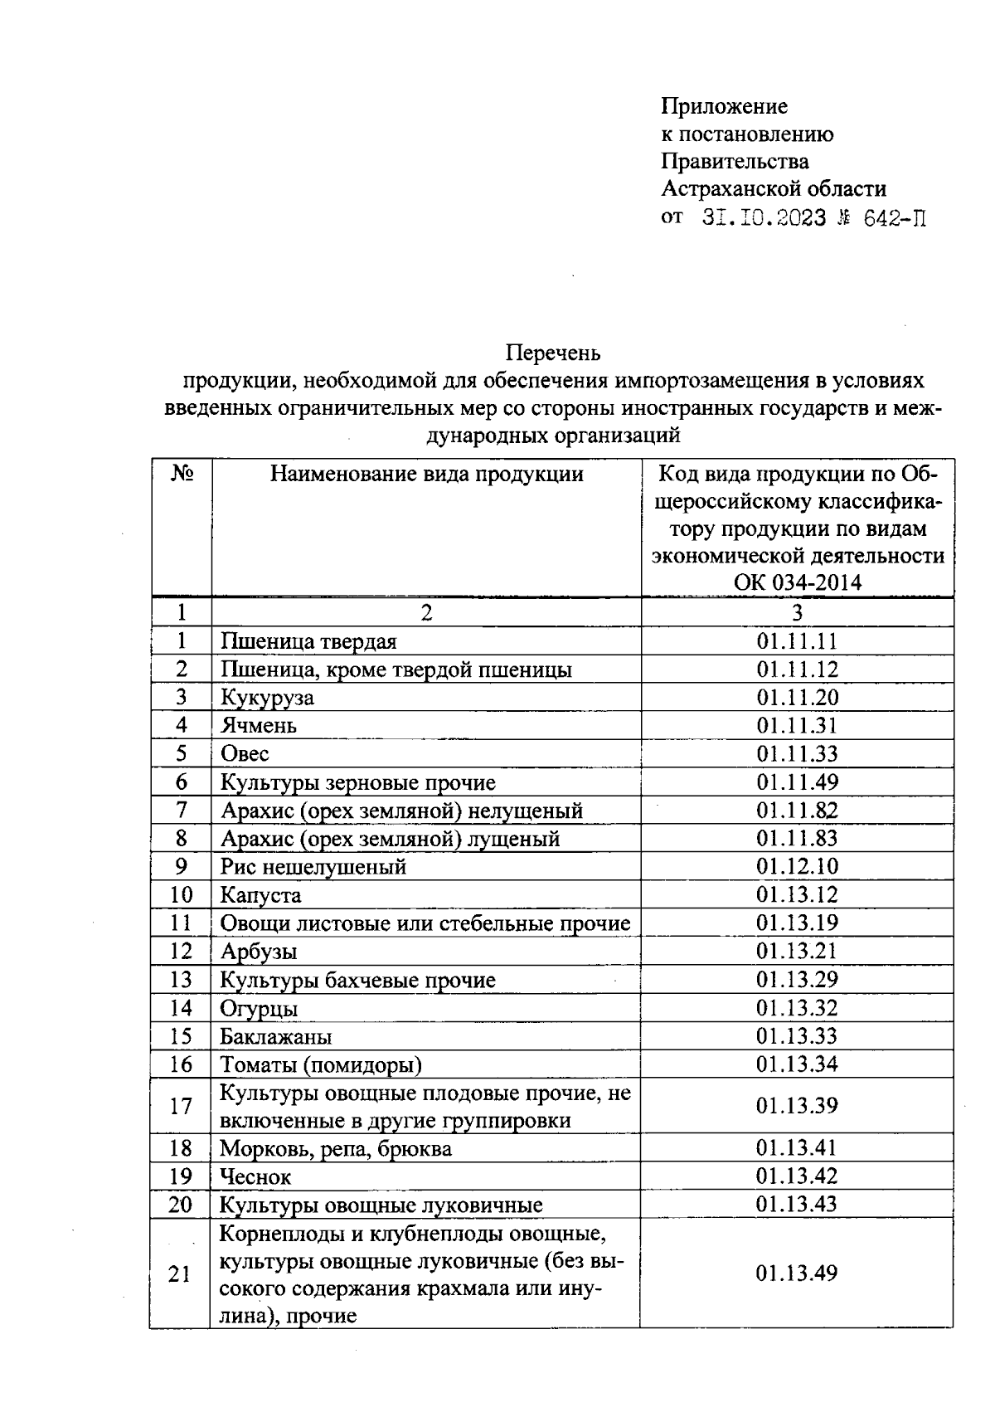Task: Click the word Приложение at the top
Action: [724, 106]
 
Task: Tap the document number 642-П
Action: [894, 218]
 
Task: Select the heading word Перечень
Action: [553, 353]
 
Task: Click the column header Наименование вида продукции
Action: [427, 474]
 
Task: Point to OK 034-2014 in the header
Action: [797, 582]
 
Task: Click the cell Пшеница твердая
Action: [308, 641]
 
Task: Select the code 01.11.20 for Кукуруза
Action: [797, 698]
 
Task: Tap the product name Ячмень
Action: [259, 726]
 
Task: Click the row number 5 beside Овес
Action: [181, 753]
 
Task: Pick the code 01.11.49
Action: [797, 782]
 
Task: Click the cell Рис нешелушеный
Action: [313, 867]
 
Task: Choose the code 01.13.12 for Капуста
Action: [797, 895]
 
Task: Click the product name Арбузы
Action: [259, 952]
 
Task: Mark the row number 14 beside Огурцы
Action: [181, 1008]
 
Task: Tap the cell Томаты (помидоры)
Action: [321, 1064]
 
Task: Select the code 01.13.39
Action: [797, 1106]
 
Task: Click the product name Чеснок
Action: [255, 1176]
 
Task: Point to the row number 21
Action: [180, 1274]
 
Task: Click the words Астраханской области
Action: [773, 189]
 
